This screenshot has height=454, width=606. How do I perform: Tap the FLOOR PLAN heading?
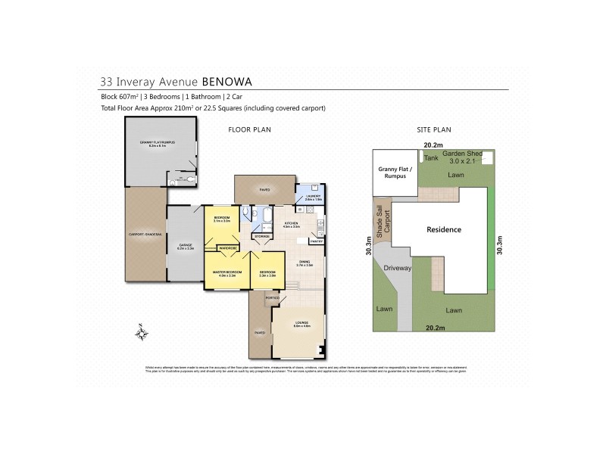pos(249,130)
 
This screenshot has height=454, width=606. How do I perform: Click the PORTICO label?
pos(272,298)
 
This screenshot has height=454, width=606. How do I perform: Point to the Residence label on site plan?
pos(444,230)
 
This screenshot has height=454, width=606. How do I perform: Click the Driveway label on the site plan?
pos(397,267)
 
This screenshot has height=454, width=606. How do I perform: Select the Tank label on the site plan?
pos(431,158)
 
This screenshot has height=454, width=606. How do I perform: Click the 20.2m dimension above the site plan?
pos(433,145)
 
